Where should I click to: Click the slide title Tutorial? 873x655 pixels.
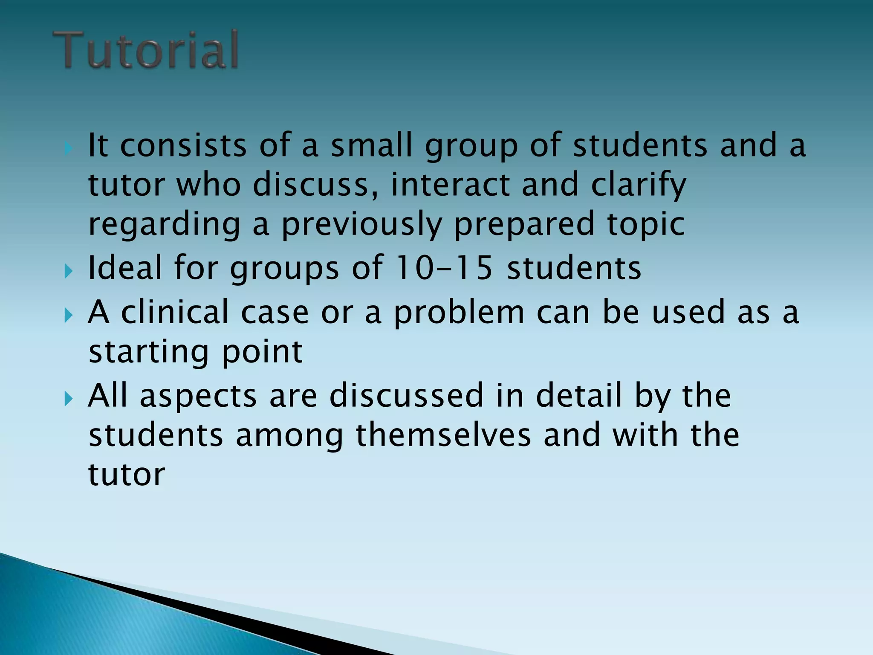click(x=146, y=50)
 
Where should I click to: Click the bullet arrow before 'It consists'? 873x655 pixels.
click(x=68, y=149)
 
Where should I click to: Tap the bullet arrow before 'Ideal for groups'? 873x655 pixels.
click(x=68, y=271)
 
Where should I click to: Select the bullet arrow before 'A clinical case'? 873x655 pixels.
click(x=68, y=316)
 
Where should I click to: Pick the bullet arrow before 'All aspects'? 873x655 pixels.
click(x=68, y=399)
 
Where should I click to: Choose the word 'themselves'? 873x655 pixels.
click(x=443, y=435)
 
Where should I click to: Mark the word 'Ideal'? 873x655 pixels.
click(x=125, y=268)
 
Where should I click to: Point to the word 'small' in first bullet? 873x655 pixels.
click(x=371, y=145)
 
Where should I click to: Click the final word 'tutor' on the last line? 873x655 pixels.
click(x=127, y=475)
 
